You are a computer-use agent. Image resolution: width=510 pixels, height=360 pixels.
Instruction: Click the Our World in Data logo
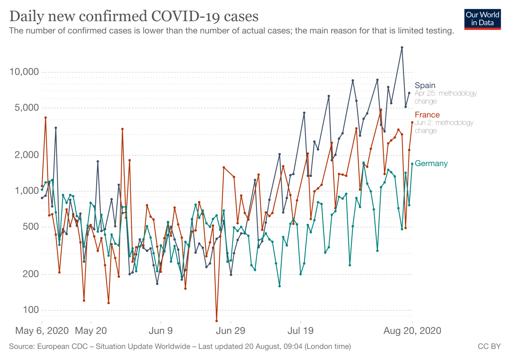[482, 19]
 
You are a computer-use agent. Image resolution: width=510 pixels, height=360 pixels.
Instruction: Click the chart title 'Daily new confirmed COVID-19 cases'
[134, 16]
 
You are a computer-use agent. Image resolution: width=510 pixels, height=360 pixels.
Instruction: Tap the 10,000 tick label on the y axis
[24, 72]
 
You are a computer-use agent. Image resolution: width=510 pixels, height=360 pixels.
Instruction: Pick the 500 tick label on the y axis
[31, 227]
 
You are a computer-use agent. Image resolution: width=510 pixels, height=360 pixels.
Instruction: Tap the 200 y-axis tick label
[31, 274]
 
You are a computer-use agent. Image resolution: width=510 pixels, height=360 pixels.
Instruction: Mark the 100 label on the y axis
[31, 310]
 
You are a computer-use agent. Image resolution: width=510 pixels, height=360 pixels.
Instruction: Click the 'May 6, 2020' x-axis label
[42, 331]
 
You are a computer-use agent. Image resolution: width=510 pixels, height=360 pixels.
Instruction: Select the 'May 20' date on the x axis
[91, 331]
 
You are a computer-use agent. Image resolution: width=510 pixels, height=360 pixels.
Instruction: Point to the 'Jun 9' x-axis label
[161, 331]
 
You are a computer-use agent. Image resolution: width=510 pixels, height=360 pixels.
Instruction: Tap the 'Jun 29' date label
[231, 331]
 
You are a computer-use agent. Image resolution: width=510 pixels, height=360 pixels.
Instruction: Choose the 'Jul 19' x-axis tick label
[300, 331]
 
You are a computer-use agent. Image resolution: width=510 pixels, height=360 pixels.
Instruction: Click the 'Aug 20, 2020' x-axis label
[412, 331]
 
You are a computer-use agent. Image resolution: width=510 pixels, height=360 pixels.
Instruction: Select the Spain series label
[425, 85]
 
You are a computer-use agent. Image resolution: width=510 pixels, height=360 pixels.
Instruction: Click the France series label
[427, 115]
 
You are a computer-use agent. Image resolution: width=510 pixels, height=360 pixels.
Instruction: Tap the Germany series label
[431, 163]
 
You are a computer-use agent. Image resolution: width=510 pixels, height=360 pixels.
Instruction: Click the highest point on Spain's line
[402, 47]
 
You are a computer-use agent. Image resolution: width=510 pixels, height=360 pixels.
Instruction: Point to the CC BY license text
[489, 346]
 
